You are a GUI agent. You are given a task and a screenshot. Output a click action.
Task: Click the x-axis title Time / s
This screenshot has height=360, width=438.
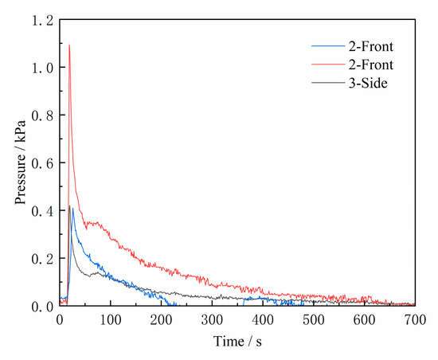coord(237,342)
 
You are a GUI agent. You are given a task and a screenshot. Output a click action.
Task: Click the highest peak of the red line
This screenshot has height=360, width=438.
coord(69,45)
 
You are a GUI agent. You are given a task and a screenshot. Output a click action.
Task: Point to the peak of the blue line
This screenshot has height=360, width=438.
coord(73,207)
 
